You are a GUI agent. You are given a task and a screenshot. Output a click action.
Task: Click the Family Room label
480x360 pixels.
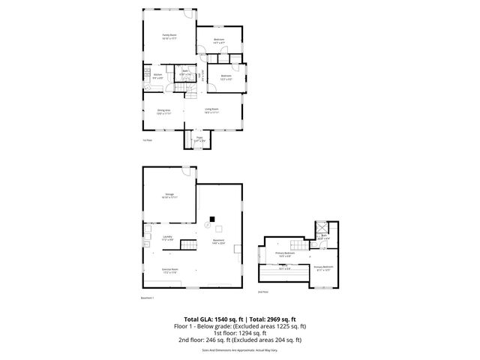point(169,37)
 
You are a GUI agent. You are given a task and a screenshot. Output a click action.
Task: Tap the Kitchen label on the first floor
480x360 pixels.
point(158,76)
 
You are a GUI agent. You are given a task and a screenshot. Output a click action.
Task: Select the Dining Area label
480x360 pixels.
point(163,112)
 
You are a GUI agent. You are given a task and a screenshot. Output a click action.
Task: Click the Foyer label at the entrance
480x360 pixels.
point(199,139)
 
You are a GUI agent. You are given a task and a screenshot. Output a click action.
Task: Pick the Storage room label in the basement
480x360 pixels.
point(169,196)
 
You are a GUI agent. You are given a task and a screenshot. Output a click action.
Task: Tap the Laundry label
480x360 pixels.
point(168,238)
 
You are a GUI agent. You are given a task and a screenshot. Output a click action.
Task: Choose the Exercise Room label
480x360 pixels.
point(169,271)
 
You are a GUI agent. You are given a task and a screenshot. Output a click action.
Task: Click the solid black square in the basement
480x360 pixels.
point(213,220)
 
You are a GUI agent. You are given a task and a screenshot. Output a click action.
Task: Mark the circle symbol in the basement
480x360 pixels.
point(208,223)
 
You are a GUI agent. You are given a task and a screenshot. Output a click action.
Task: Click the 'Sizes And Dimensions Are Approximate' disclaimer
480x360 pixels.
point(239,349)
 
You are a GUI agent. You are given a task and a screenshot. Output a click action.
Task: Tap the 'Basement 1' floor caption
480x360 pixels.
point(148,298)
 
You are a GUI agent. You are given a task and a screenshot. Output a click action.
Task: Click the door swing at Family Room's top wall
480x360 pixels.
point(191,14)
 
